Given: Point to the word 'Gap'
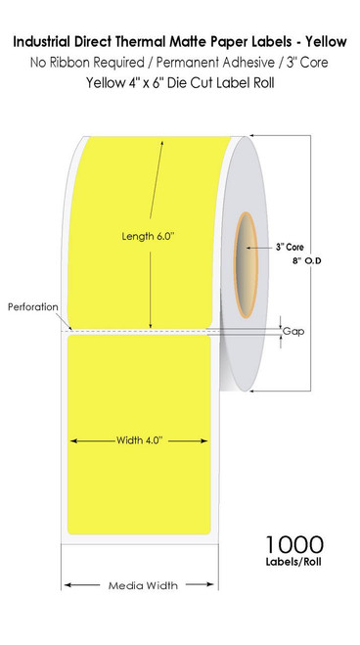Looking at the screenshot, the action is click(x=292, y=332).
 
